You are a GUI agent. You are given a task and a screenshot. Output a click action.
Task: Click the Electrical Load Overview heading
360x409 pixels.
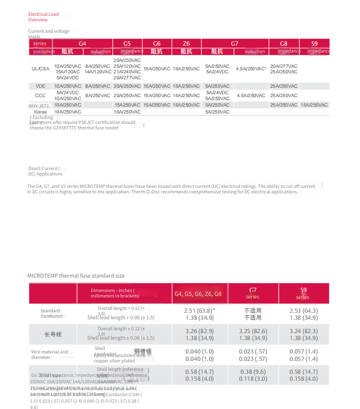44,17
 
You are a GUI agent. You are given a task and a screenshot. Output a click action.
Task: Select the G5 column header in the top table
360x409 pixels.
127,44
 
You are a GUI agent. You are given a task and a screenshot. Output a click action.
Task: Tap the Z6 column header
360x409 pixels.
186,44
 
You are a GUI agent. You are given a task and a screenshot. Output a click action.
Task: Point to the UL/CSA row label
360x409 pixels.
40,69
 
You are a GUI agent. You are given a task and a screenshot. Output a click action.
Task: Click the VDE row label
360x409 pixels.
40,86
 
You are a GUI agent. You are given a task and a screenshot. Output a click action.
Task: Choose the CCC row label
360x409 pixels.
40,95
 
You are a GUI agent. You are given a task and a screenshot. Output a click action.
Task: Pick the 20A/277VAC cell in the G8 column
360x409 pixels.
284,66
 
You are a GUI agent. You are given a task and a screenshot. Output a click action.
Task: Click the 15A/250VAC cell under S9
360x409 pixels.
314,105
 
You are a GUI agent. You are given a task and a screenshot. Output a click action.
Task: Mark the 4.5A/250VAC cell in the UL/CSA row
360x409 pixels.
251,69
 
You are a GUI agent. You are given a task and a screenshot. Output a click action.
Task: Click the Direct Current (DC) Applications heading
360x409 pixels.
45,172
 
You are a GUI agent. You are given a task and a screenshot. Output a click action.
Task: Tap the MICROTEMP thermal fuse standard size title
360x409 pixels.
76,276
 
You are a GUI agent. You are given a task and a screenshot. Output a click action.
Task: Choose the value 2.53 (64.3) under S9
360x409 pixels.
303,311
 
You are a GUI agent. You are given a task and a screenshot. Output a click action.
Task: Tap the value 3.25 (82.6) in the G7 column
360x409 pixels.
253,331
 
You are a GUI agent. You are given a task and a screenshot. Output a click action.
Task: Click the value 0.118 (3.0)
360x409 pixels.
253,379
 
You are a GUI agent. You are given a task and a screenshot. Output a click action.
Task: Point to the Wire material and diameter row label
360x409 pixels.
49,354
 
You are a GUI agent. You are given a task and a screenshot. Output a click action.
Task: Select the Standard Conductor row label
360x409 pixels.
52,313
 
